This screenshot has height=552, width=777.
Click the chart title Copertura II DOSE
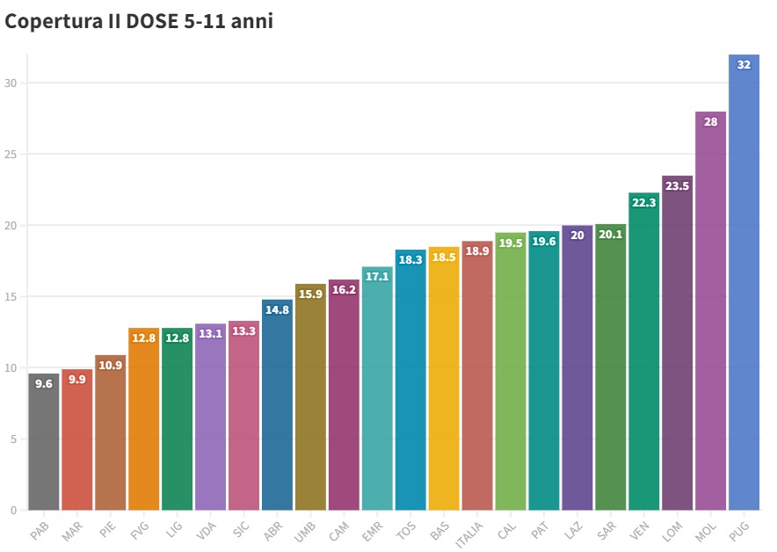click(x=139, y=22)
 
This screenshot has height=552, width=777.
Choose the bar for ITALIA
click(x=476, y=378)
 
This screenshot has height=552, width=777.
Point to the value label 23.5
click(x=677, y=186)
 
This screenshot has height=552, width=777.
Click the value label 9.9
click(x=76, y=380)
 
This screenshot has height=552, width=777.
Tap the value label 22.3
click(x=643, y=203)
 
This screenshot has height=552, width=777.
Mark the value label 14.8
click(x=276, y=310)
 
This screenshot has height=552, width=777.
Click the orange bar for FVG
click(x=143, y=422)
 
